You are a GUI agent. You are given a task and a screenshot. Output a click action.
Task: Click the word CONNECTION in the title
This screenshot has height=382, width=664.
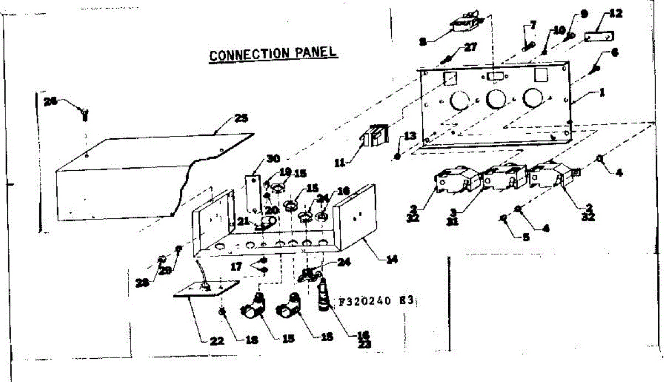(250, 55)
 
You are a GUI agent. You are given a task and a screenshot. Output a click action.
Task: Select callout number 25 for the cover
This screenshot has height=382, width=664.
(241, 118)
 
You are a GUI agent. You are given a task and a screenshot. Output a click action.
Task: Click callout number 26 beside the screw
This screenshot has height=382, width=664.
(51, 102)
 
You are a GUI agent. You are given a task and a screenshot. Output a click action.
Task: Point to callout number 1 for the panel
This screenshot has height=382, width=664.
(602, 93)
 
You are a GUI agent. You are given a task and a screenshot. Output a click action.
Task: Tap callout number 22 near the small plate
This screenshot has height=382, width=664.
(216, 341)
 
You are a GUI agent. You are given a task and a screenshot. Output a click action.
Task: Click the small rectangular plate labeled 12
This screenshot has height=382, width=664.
(599, 36)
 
